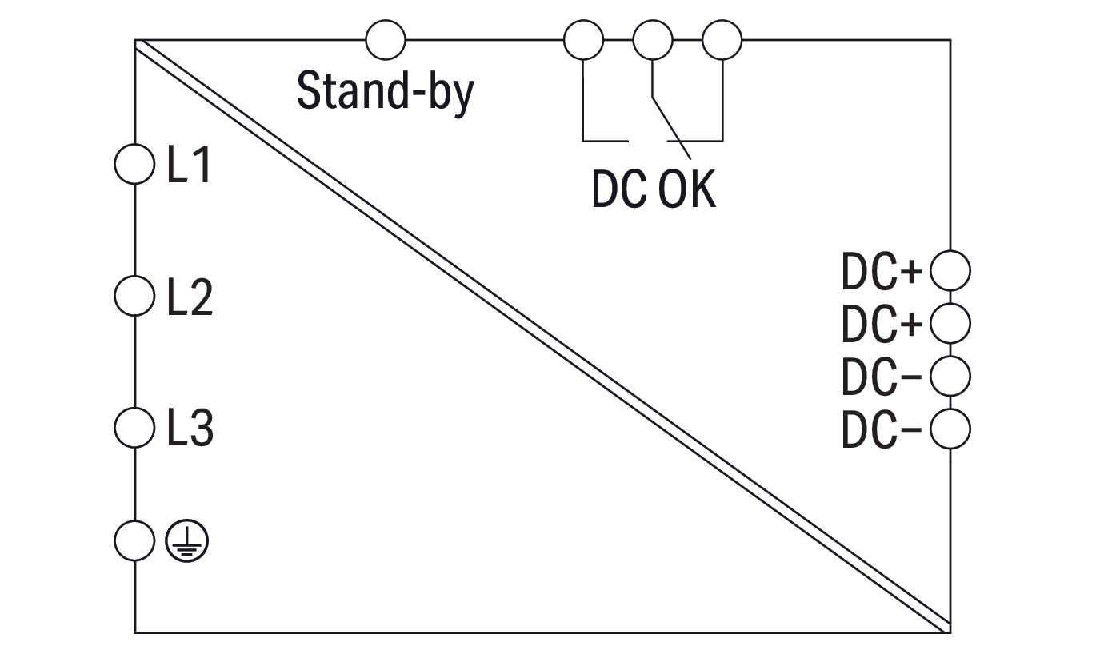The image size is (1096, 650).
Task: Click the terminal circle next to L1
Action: [x=134, y=165]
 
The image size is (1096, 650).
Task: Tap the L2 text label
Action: [x=190, y=298]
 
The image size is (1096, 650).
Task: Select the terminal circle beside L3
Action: [x=134, y=428]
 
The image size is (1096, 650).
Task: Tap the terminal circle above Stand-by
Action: [x=385, y=38]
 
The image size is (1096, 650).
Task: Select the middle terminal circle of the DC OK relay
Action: [x=653, y=38]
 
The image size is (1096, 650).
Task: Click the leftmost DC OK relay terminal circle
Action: [x=584, y=38]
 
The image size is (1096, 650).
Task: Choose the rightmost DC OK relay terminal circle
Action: [x=722, y=38]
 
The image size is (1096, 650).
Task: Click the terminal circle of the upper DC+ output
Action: [x=950, y=271]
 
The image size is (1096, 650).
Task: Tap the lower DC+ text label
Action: [x=882, y=324]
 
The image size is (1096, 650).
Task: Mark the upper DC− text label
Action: [x=882, y=377]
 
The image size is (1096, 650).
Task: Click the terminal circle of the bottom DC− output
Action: [x=950, y=429]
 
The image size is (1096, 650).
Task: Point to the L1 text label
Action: [x=190, y=166]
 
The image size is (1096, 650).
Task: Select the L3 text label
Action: [x=190, y=429]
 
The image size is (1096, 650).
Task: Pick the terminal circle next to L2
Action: [x=134, y=297]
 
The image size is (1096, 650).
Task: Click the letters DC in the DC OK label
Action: [x=618, y=190]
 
